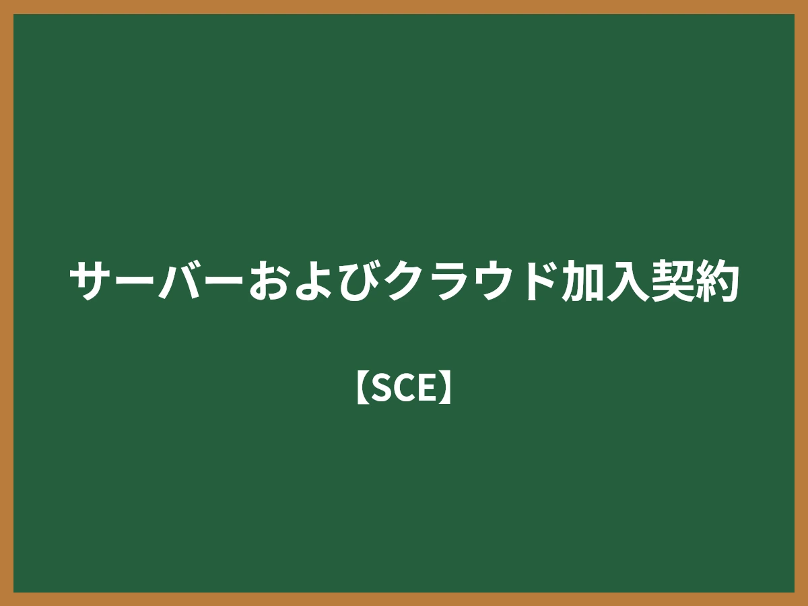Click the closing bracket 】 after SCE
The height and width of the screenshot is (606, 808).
click(x=446, y=388)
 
